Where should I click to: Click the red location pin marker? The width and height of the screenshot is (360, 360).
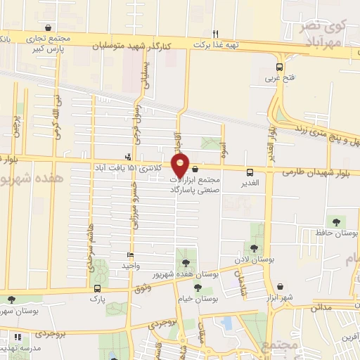(x=181, y=164)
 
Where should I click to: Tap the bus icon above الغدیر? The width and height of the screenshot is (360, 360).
(x=250, y=172)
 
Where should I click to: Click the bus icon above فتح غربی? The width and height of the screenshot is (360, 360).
(x=280, y=67)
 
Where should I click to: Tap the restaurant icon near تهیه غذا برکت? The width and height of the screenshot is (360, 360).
(x=216, y=34)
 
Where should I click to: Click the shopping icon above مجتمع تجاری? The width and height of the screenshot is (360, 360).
(x=48, y=28)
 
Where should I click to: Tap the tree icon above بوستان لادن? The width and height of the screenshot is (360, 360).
(x=254, y=247)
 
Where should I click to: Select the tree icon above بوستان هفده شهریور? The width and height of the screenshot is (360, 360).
(x=186, y=262)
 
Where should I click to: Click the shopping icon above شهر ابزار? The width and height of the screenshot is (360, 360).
(x=281, y=286)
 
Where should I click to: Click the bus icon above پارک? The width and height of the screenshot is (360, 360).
(x=96, y=288)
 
